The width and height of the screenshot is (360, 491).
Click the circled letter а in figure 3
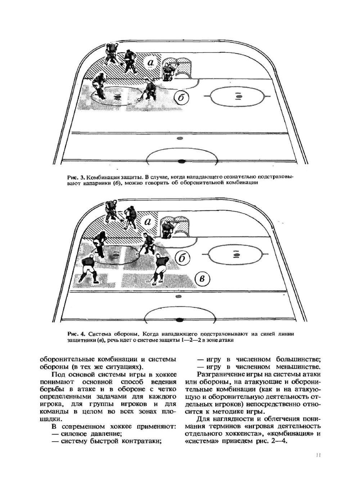pos(150,63)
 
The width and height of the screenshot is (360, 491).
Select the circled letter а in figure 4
pos(148,222)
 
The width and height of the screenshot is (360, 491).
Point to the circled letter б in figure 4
pos(183,258)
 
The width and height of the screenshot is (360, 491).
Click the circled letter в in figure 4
pos(202,279)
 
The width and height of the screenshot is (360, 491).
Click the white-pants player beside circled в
pos(161,268)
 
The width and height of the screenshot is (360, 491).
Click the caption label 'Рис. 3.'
pos(76,177)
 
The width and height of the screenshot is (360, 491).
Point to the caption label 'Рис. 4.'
pos(76,334)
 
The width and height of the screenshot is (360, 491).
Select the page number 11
pos(318,455)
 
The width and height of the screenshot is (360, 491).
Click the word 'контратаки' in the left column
pos(141,441)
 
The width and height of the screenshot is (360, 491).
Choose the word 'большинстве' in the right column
pos(298,359)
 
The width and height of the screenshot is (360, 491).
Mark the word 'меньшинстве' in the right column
pos(298,367)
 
